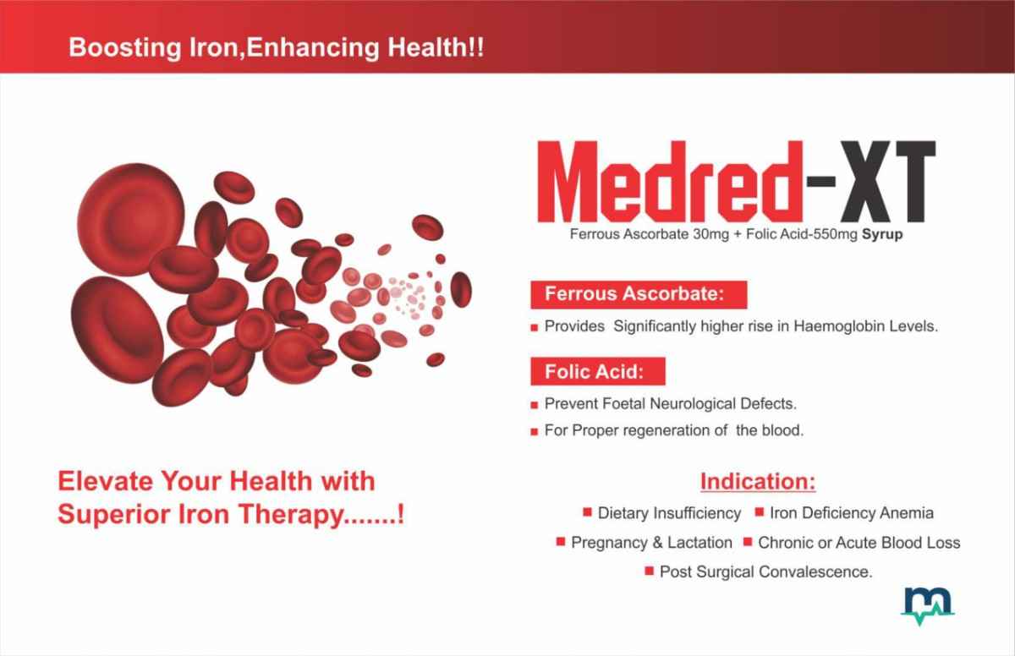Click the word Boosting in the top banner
[x=125, y=48]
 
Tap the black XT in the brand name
[x=887, y=182]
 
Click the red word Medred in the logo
[x=670, y=182]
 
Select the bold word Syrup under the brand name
[x=881, y=234]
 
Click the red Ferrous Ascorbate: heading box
[x=639, y=295]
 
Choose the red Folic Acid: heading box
[x=598, y=372]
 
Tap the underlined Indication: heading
[x=758, y=481]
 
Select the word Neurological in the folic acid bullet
[x=693, y=404]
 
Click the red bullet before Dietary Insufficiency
[x=587, y=512]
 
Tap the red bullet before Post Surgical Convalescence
[x=650, y=571]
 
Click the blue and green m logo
[x=928, y=605]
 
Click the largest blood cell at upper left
[x=131, y=219]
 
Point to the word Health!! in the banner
[x=436, y=48]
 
